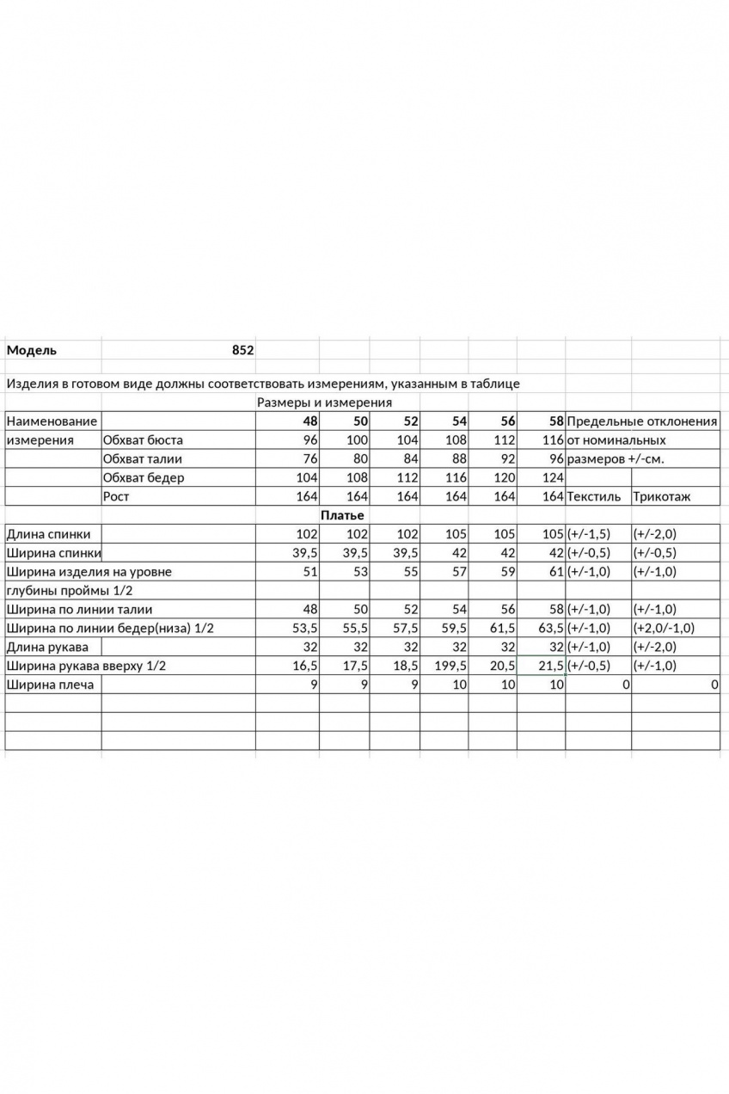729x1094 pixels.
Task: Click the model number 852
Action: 242,351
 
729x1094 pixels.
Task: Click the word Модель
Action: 32,351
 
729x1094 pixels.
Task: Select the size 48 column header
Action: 309,421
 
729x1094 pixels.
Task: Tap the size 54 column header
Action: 459,421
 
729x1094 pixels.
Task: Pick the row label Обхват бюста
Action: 143,440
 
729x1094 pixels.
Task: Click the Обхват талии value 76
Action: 310,459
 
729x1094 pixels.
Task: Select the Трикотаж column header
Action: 662,497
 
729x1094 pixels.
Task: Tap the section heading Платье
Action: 342,515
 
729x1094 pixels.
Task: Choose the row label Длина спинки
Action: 48,534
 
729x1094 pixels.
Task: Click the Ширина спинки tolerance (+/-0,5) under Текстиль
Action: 589,553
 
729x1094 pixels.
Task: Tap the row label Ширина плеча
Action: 50,685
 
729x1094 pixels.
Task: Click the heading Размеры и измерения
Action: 324,403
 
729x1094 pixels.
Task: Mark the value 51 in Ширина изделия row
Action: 310,572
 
